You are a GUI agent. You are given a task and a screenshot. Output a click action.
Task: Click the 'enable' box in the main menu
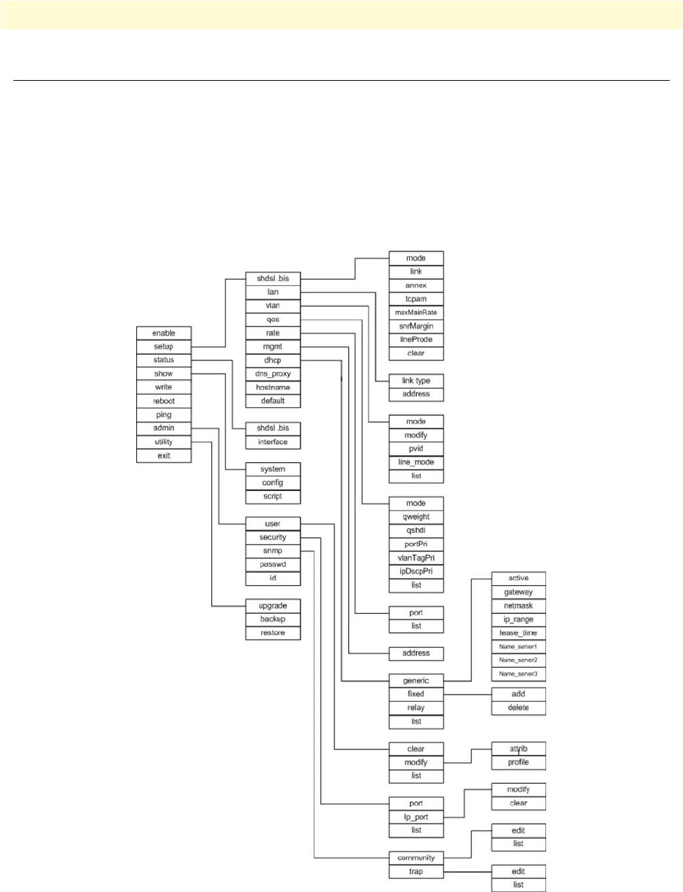point(164,333)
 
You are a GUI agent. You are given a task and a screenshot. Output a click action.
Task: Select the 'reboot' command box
point(164,401)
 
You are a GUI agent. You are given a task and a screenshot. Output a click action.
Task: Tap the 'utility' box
point(164,442)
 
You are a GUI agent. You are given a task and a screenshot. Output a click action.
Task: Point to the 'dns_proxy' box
point(273,374)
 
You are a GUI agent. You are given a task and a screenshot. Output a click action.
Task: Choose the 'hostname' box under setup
point(273,388)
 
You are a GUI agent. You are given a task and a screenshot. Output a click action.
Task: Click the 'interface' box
point(273,442)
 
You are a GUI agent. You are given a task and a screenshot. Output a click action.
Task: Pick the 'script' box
point(273,497)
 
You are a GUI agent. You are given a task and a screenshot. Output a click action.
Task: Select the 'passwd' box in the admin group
point(273,565)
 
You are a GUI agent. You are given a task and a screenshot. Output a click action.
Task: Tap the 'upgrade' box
point(273,605)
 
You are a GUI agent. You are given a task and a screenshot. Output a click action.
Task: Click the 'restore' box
point(273,633)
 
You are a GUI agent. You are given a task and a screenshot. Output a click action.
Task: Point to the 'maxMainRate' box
point(416,313)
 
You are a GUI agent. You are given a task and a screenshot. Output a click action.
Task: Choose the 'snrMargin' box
point(416,326)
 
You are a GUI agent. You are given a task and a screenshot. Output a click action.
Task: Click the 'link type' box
point(416,381)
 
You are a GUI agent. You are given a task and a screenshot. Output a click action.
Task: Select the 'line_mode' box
point(416,462)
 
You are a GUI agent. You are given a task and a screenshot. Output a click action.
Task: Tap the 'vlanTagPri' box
point(416,558)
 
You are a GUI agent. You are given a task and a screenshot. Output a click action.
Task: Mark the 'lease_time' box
point(519,633)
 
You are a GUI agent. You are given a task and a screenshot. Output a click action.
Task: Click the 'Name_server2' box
point(519,660)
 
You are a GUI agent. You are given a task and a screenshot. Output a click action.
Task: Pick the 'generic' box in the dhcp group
point(416,681)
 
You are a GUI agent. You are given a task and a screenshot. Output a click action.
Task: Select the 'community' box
point(416,858)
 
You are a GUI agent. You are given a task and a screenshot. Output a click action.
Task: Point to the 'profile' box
point(519,762)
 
